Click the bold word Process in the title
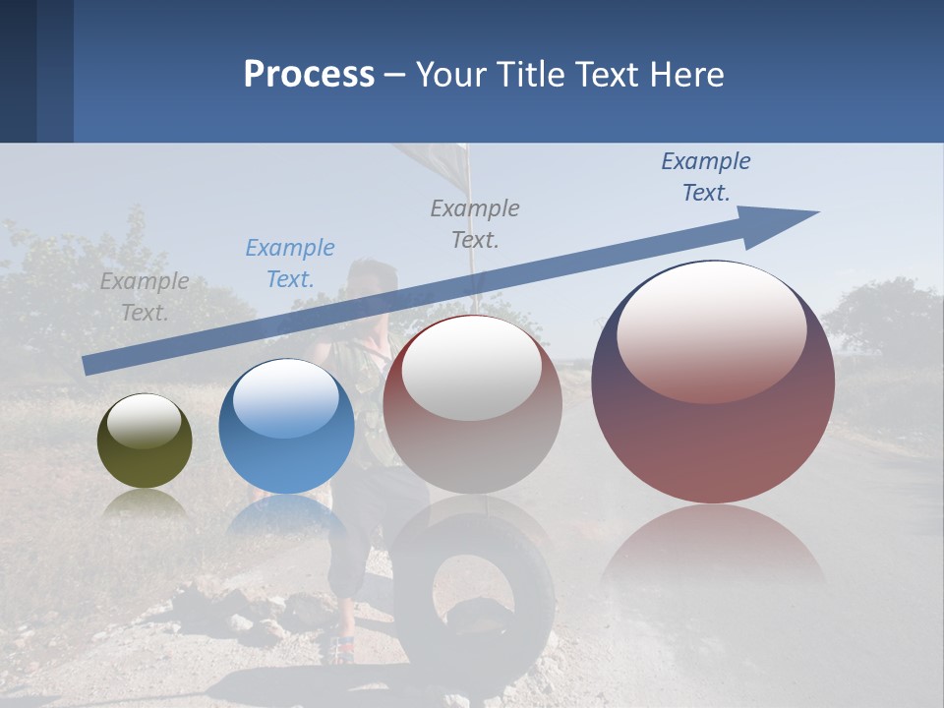[x=309, y=74]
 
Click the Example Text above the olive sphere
[x=145, y=297]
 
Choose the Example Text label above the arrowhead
[x=706, y=177]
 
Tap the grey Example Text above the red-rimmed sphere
[x=475, y=223]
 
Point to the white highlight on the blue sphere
[x=286, y=398]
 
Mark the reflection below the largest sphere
[x=713, y=551]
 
